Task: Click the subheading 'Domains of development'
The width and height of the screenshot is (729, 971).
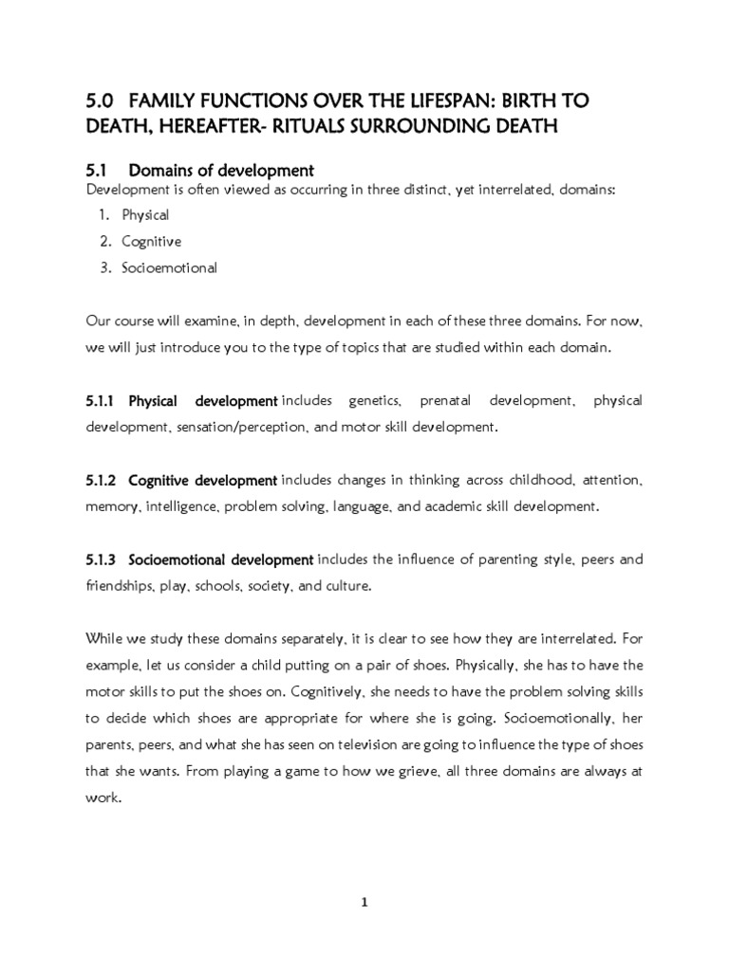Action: pos(220,171)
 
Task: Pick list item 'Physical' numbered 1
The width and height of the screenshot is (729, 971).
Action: pos(145,215)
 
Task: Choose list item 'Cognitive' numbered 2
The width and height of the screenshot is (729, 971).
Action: pos(151,242)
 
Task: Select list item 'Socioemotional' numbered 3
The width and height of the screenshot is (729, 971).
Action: pos(169,267)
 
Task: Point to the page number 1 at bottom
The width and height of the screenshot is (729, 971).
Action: pos(364,903)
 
